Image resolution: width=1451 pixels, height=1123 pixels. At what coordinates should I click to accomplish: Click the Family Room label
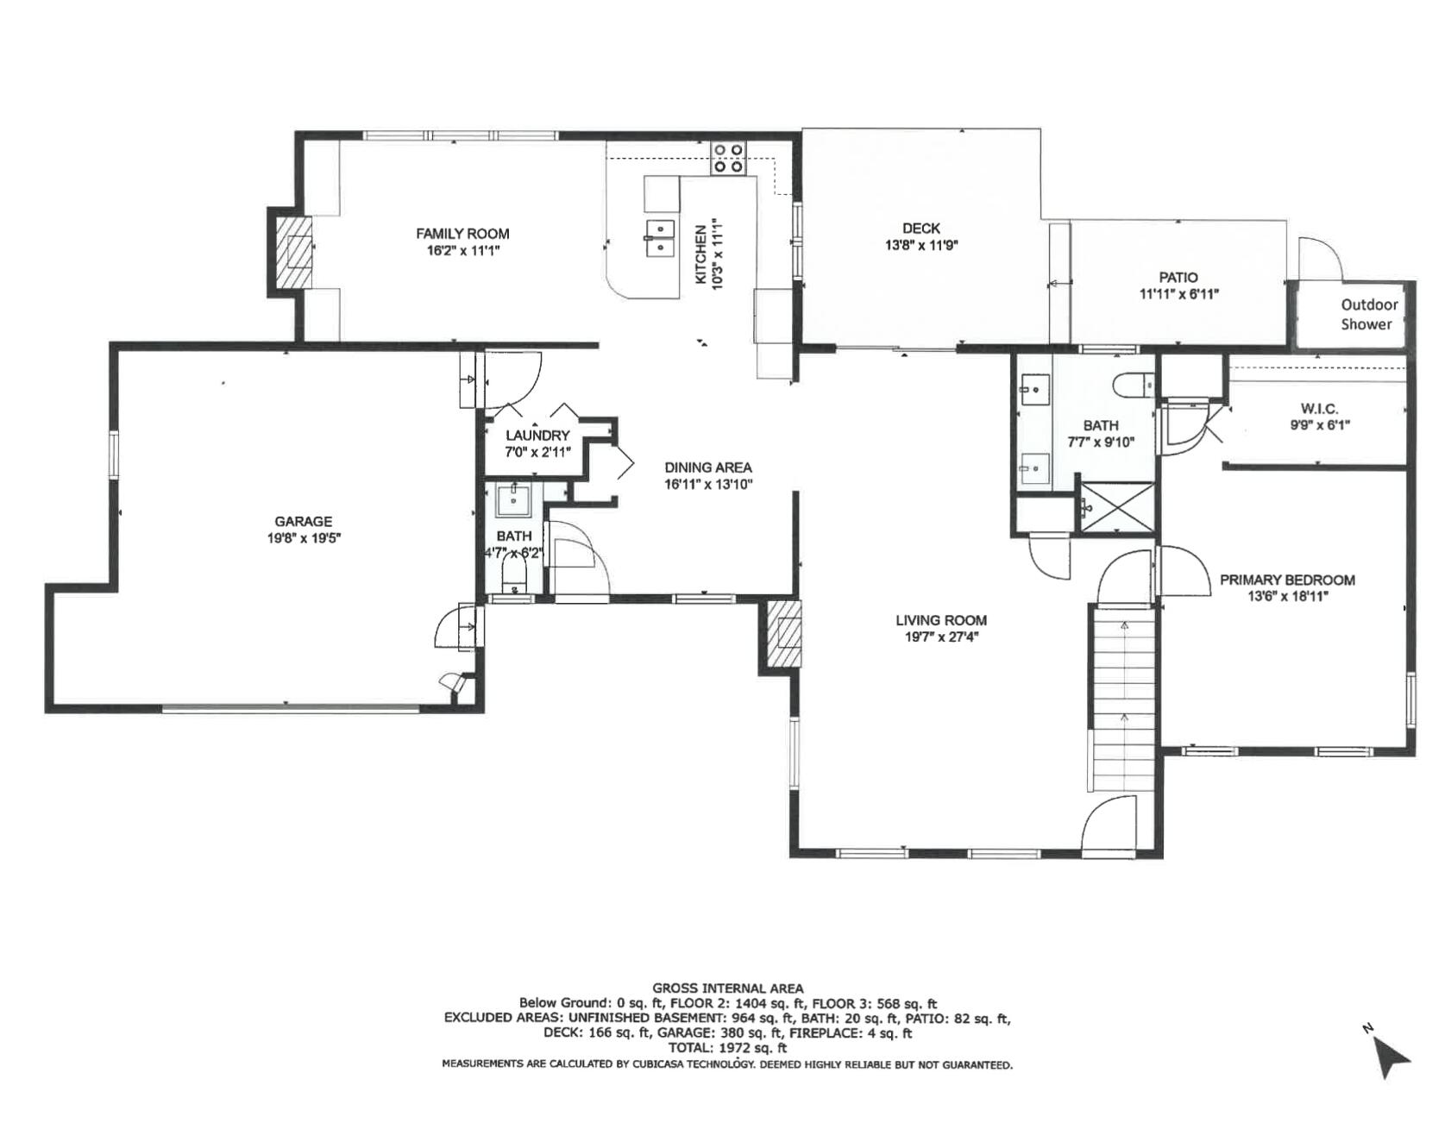[x=462, y=234]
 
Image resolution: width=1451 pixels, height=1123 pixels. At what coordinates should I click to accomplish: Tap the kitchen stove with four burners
[x=728, y=159]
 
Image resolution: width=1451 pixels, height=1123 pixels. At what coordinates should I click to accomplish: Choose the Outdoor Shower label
[x=1368, y=314]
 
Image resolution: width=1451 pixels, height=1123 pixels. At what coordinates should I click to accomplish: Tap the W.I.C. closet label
[x=1319, y=409]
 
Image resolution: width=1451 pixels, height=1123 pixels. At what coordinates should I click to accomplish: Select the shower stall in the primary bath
[x=1115, y=506]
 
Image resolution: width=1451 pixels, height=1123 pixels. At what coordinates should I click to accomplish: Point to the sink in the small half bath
[x=514, y=499]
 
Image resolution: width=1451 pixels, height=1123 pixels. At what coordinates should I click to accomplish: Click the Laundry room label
[x=537, y=436]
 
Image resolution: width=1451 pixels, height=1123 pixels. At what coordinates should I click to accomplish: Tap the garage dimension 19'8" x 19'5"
[x=303, y=538]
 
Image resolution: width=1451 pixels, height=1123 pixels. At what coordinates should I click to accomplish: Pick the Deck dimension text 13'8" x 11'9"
[x=921, y=245]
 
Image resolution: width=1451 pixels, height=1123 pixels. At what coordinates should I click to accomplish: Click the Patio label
[x=1178, y=278]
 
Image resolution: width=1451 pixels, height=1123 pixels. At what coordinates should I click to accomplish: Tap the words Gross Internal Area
[x=727, y=988]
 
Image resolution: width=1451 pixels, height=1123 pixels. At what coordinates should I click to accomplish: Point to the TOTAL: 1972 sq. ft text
[x=727, y=1048]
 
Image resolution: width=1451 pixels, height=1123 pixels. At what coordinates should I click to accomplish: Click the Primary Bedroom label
[x=1286, y=580]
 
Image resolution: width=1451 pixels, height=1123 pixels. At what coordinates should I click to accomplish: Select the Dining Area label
[x=707, y=467]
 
